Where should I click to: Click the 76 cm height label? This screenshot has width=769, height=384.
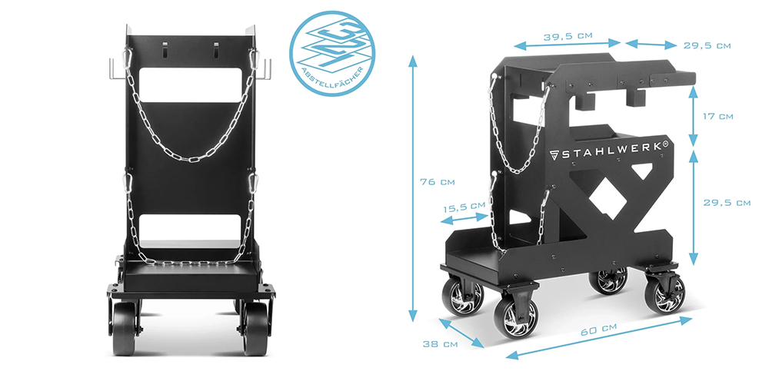click(438, 182)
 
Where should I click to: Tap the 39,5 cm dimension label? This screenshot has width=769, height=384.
click(568, 36)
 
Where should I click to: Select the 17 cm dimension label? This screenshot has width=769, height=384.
click(718, 117)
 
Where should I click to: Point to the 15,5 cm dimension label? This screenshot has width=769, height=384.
click(464, 207)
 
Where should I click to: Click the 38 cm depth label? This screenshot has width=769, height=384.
click(440, 344)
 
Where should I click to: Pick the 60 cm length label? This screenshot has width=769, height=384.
click(598, 330)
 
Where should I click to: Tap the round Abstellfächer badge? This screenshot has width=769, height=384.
click(328, 53)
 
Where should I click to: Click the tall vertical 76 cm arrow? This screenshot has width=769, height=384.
click(413, 189)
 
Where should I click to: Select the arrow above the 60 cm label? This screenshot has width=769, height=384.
click(599, 338)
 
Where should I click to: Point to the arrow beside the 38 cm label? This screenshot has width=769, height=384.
click(461, 333)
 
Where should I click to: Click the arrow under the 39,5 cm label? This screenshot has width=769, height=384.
click(568, 45)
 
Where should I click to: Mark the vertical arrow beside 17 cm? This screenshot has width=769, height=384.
click(693, 117)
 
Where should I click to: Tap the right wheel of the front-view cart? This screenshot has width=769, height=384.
click(255, 329)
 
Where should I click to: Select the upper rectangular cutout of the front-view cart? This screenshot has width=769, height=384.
click(190, 85)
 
